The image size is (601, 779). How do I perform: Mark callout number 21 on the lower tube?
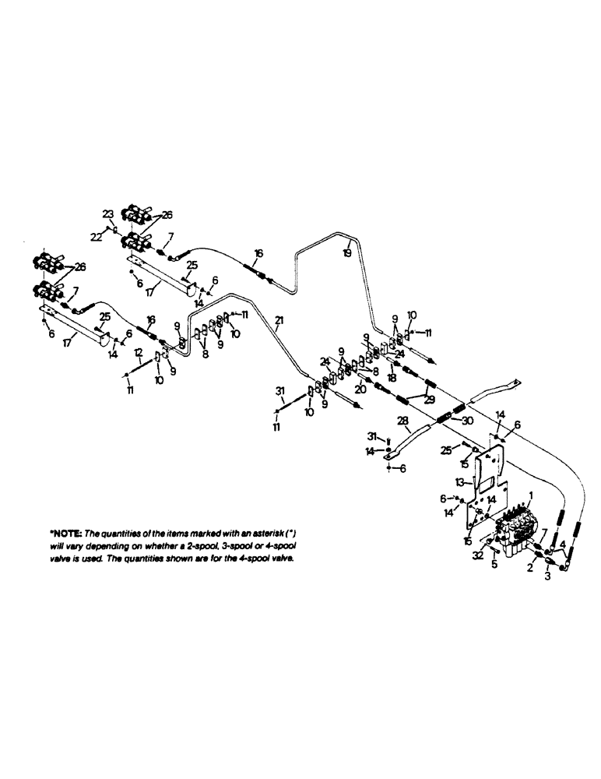pos(279,320)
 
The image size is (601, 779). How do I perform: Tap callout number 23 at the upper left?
pos(107,213)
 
